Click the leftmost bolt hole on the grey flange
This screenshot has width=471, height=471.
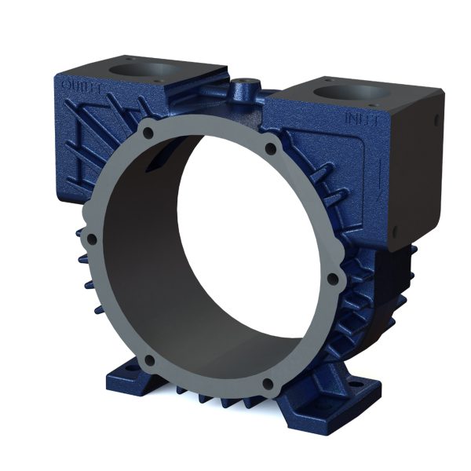[91, 239]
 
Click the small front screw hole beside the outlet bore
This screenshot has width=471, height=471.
[160, 81]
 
